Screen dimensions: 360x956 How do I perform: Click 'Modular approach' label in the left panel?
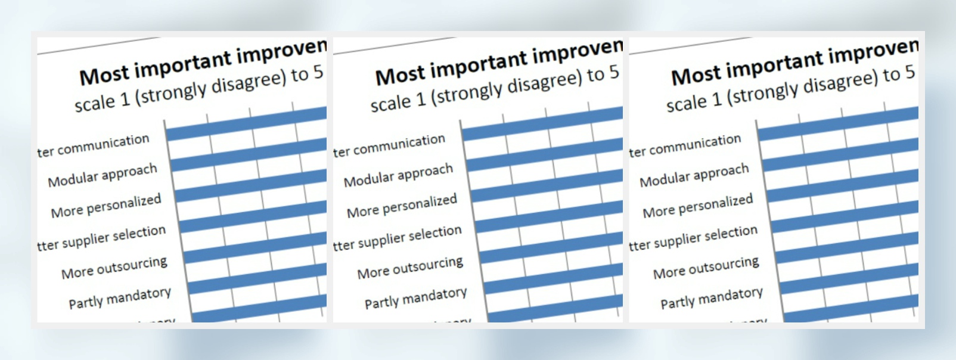103,175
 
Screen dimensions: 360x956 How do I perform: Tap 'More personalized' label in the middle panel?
402,206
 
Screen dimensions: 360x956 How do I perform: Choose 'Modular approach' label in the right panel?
694,175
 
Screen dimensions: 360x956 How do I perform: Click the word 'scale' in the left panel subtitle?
94,104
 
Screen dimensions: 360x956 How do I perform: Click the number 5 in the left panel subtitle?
318,73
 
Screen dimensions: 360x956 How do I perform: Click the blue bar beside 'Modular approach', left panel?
250,156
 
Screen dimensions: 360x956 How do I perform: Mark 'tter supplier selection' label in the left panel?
101,238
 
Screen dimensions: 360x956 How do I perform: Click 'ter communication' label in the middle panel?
389,146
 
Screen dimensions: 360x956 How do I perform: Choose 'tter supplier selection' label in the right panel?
693,238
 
